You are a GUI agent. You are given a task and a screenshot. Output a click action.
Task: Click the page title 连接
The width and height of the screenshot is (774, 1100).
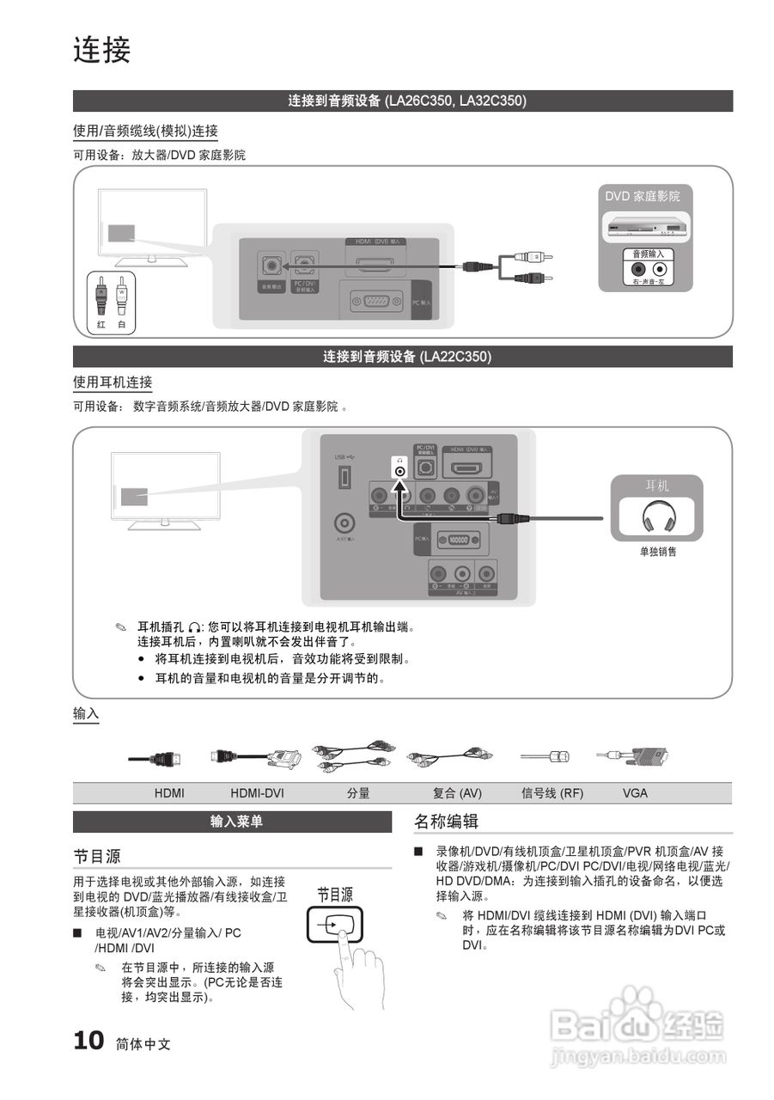[x=101, y=50]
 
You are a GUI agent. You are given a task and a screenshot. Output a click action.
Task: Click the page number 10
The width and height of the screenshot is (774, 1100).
[x=88, y=1042]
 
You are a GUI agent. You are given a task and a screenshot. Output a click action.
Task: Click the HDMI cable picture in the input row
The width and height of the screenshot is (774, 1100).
[x=155, y=759]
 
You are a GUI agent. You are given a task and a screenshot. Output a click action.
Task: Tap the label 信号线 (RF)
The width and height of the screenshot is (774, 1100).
[x=552, y=793]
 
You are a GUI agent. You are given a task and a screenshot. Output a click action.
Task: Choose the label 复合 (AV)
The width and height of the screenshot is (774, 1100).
[x=457, y=793]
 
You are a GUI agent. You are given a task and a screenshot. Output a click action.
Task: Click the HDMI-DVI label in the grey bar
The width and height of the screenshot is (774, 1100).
[x=257, y=793]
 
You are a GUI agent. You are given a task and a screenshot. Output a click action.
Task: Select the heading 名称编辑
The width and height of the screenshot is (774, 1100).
[x=446, y=822]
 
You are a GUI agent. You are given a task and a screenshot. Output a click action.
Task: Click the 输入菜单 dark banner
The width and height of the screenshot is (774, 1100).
[x=232, y=822]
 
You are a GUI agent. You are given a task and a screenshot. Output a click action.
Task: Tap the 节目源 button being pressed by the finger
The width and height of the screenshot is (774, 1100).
[x=334, y=925]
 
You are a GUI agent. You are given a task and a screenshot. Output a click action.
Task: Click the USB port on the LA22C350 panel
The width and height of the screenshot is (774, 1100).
[x=345, y=476]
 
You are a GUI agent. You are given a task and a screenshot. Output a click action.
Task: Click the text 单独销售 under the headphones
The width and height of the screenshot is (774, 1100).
[x=657, y=552]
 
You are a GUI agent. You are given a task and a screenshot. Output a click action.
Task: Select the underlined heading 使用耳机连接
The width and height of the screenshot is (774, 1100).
[x=113, y=382]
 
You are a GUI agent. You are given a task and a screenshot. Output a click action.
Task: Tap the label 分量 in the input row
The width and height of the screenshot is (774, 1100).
[x=358, y=793]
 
